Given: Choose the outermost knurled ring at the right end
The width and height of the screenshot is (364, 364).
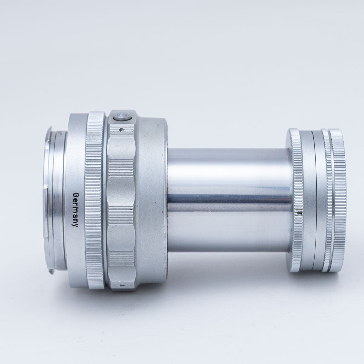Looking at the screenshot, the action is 337,201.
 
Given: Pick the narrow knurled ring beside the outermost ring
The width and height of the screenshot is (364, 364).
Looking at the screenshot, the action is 327,201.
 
